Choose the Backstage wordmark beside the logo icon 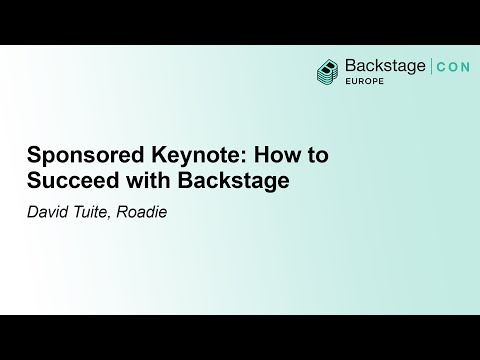(384, 66)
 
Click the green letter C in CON (441, 67)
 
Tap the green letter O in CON (454, 67)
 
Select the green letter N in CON (468, 67)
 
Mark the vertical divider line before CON (431, 67)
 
